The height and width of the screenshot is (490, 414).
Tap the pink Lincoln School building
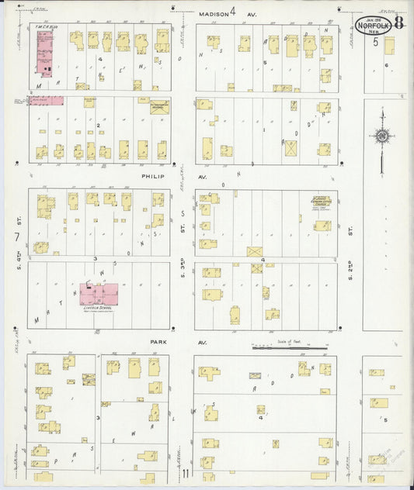click(x=99, y=294)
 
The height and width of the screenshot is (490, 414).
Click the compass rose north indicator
click(x=381, y=136)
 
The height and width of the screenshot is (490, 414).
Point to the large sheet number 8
click(x=398, y=22)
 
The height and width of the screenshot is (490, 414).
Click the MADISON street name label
click(x=212, y=13)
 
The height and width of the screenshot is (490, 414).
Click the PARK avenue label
click(x=161, y=342)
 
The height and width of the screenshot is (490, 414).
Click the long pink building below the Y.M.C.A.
click(x=46, y=100)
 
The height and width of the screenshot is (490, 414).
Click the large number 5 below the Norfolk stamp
click(x=374, y=42)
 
